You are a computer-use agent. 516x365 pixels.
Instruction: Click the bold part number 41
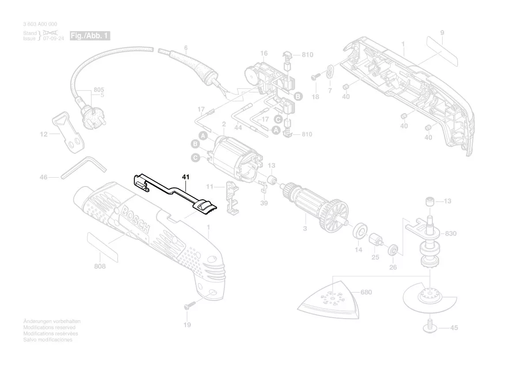pyautogui.click(x=186, y=177)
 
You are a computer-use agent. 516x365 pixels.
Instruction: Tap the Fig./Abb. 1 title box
pyautogui.click(x=90, y=35)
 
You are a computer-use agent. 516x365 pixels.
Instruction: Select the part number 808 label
pyautogui.click(x=100, y=266)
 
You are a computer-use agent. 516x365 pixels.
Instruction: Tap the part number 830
pyautogui.click(x=451, y=233)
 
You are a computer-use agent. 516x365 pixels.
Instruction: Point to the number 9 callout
pyautogui.click(x=442, y=33)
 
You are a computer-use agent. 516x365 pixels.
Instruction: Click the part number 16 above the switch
pyautogui.click(x=264, y=54)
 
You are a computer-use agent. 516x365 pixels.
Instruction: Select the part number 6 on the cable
pyautogui.click(x=186, y=48)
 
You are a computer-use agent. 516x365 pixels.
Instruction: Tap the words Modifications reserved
pyautogui.click(x=49, y=327)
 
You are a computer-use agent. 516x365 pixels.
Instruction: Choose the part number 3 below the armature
pyautogui.click(x=304, y=229)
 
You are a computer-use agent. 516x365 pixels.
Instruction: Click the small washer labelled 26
pyautogui.click(x=393, y=250)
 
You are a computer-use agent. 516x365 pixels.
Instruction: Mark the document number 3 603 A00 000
pyautogui.click(x=40, y=24)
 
